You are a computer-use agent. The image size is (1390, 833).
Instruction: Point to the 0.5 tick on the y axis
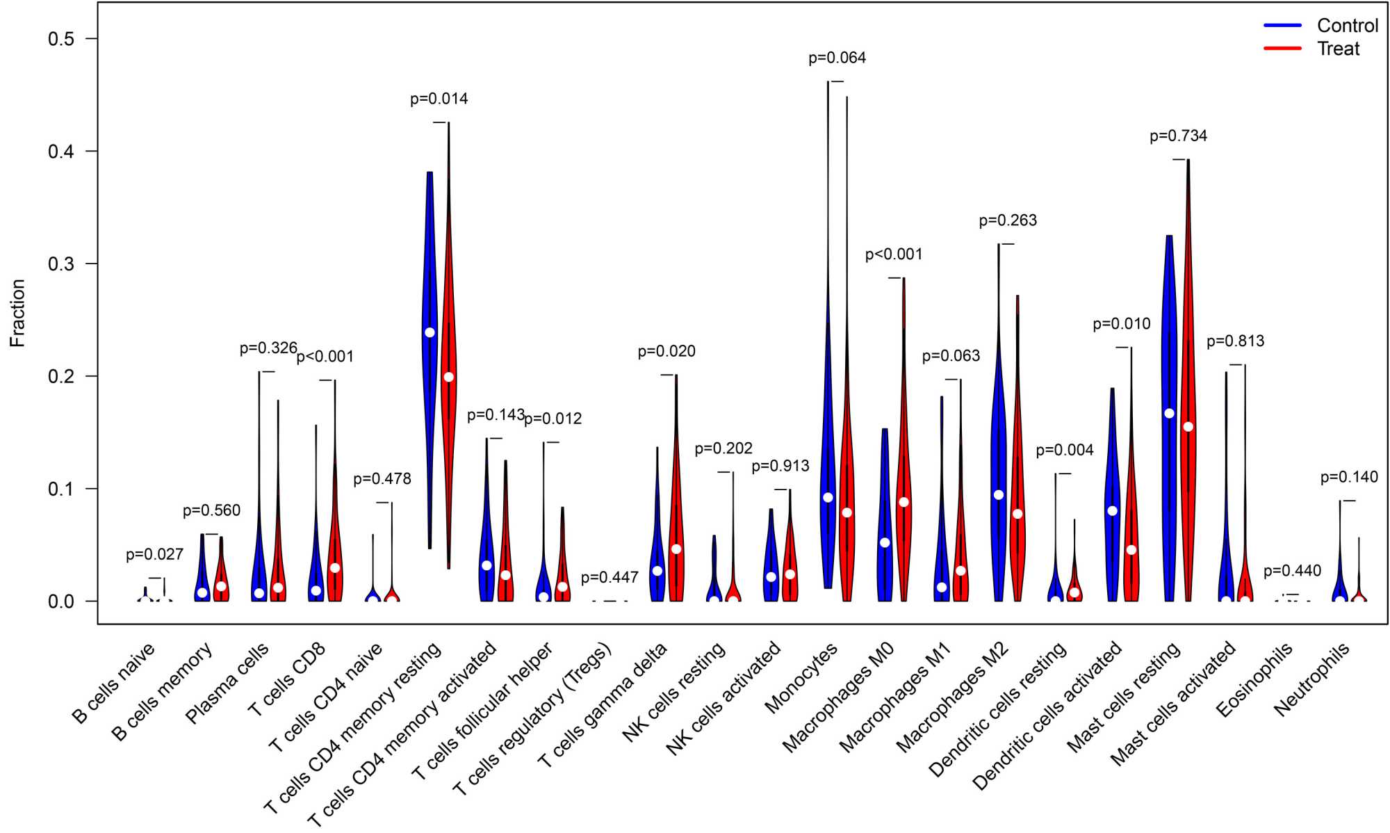point(61,39)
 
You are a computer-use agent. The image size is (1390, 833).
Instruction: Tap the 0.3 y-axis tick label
point(61,264)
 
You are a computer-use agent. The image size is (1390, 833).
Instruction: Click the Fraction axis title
point(17,313)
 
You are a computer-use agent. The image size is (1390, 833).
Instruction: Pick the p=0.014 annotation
point(439,99)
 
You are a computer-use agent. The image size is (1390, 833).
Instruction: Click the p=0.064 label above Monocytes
point(837,58)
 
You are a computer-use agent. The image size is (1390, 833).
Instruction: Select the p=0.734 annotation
point(1178,136)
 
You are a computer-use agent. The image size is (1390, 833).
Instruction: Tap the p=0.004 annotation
point(1064,451)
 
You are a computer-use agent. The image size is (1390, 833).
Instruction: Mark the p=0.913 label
point(780,467)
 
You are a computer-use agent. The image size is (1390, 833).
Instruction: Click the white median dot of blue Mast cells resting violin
point(1169,414)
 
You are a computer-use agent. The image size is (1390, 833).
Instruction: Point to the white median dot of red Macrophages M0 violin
point(903,502)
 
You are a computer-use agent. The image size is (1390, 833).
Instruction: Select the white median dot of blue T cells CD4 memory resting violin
point(430,332)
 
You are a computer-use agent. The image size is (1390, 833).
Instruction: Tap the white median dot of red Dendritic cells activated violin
point(1131,550)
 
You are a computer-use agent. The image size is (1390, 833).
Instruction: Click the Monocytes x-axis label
point(801,679)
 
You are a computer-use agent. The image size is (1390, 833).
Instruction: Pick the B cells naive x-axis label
point(113,684)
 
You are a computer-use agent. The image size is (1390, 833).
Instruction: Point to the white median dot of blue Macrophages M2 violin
point(999,495)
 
